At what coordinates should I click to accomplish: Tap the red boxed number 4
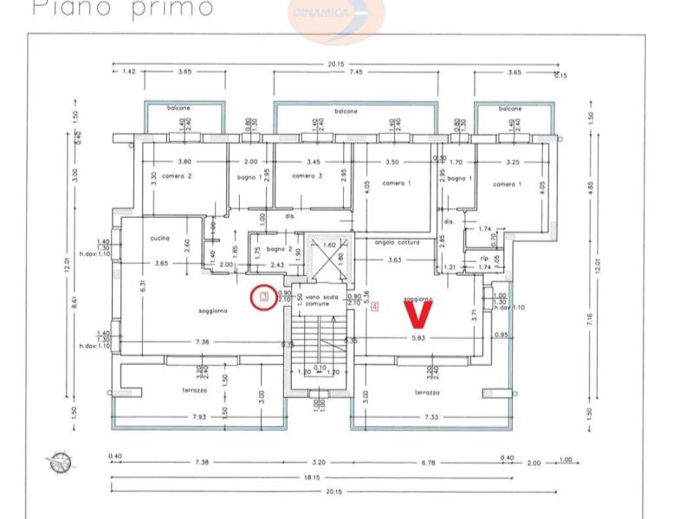tap(374, 305)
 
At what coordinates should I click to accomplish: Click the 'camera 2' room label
tap(177, 176)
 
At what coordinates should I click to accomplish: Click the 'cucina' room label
tap(159, 238)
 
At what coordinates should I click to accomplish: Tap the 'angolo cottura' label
tap(397, 243)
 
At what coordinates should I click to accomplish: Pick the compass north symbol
tap(60, 461)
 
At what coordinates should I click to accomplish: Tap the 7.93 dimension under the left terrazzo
tap(200, 418)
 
